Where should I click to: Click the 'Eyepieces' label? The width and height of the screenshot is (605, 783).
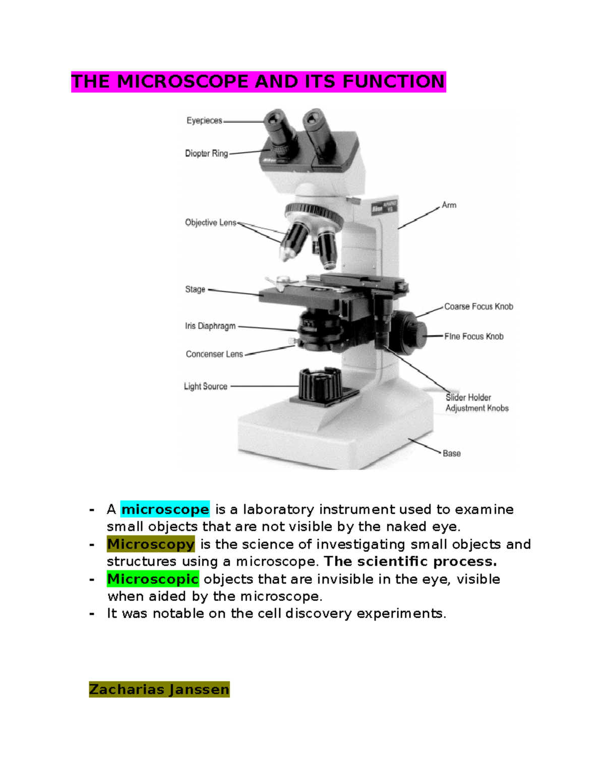[x=204, y=121]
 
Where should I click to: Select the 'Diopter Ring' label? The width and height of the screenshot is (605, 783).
[x=206, y=153]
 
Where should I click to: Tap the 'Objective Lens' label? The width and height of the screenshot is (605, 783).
[x=210, y=222]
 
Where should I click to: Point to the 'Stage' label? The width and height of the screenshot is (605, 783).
[x=195, y=289]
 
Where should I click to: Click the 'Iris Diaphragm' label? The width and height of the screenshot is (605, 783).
[x=210, y=326]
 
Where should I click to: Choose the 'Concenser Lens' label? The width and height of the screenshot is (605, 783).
[x=214, y=354]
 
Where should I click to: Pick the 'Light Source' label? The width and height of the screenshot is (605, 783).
[x=205, y=387]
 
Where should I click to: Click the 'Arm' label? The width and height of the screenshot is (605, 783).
[x=449, y=205]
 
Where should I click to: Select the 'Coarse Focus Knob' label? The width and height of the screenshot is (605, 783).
[x=478, y=307]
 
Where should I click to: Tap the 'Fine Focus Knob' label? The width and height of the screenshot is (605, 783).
[x=473, y=336]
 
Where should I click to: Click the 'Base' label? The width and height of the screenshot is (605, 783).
[x=451, y=453]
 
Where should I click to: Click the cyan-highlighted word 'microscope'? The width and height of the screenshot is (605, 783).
[x=165, y=509]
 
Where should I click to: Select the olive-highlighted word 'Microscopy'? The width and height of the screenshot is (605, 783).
[x=151, y=545]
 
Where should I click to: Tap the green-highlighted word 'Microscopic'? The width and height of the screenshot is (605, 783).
[x=153, y=579]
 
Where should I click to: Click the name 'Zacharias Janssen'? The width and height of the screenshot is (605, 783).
[x=159, y=689]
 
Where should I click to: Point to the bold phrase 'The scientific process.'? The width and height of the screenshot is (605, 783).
[x=410, y=562]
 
